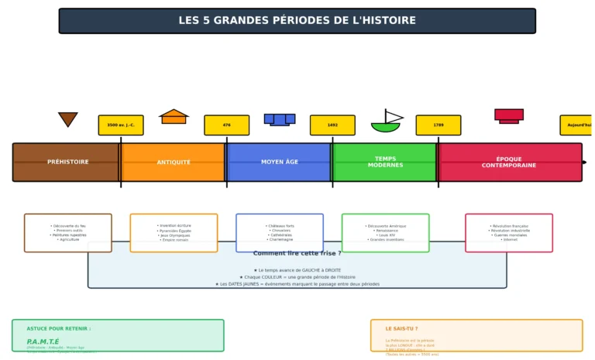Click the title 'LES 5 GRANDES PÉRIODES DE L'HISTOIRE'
tap(297, 21)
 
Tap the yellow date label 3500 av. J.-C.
tap(121, 125)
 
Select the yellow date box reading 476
tap(226, 125)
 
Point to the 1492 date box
tap(332, 125)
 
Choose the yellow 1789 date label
tap(439, 125)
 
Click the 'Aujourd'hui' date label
tap(577, 125)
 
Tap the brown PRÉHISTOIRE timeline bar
tap(67, 162)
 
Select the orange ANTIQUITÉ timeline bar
tap(174, 162)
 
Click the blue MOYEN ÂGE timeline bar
tap(279, 162)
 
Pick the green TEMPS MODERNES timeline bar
tap(385, 162)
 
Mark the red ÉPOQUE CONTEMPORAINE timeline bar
tap(509, 162)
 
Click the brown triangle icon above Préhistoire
tap(67, 118)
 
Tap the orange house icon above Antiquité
tap(174, 116)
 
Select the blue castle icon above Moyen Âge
tap(279, 119)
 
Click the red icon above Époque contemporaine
tap(509, 115)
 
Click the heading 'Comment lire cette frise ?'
tap(297, 253)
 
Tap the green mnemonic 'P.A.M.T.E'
tap(43, 341)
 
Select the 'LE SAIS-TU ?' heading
tap(401, 329)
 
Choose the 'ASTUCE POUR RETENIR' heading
tap(59, 329)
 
